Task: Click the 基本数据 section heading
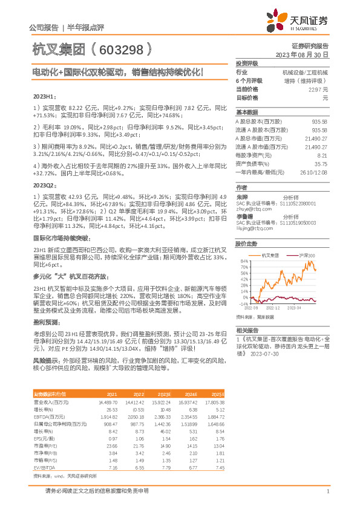(x=247, y=112)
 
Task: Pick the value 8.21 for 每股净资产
(x=322, y=155)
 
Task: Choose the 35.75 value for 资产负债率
(x=320, y=164)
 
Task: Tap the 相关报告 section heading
(x=247, y=330)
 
